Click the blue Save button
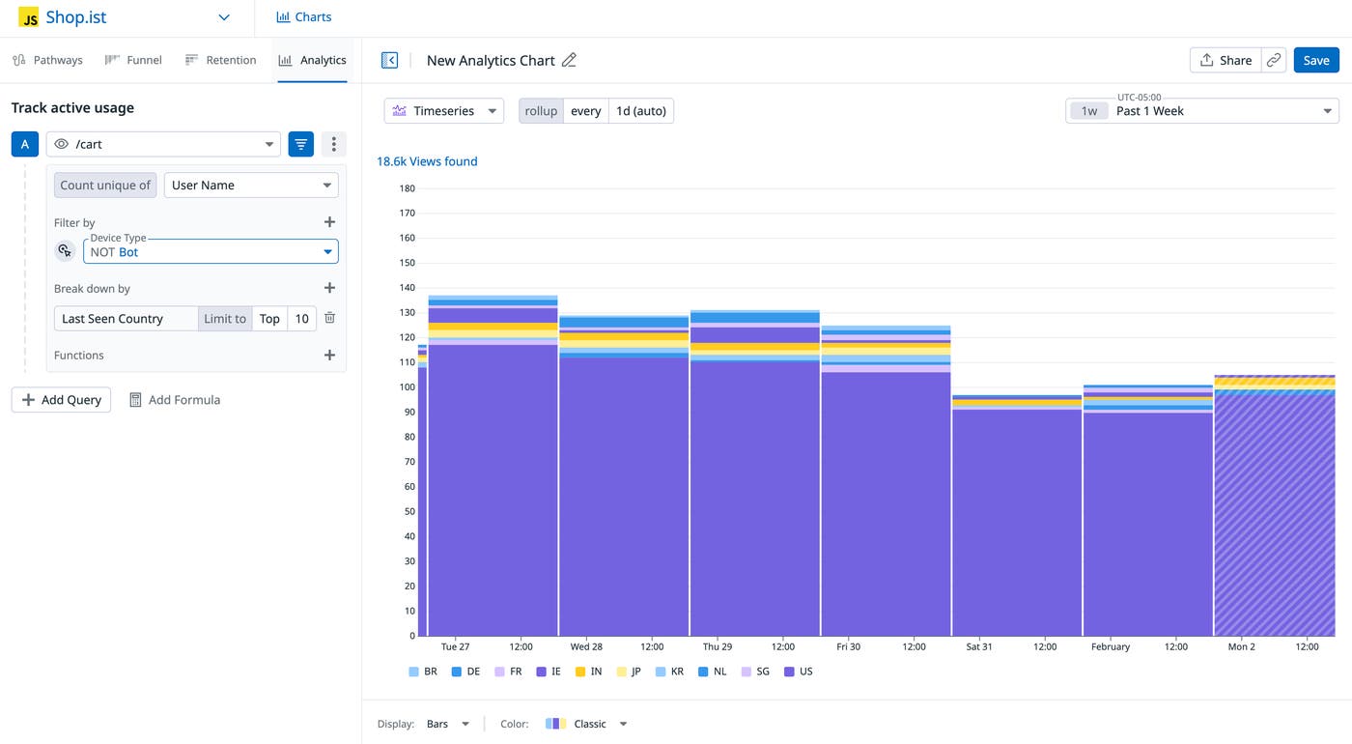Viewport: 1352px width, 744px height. (x=1316, y=60)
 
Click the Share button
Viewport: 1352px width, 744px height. (x=1225, y=60)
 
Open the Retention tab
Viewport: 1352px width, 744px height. (x=220, y=60)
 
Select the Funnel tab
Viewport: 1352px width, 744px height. (x=133, y=60)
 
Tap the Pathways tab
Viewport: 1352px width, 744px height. (x=47, y=60)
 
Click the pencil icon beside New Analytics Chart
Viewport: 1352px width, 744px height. (x=569, y=60)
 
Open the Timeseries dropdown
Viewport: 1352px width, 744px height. (x=444, y=111)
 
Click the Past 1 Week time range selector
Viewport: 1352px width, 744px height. (x=1201, y=111)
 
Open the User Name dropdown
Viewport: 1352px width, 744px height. (x=251, y=186)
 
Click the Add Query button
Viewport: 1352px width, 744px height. (x=62, y=400)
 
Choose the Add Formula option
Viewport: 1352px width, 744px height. (x=175, y=400)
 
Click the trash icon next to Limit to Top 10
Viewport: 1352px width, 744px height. (x=330, y=318)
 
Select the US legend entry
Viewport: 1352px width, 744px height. (x=799, y=672)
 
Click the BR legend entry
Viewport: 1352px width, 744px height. (x=423, y=672)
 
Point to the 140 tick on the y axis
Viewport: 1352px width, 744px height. (x=408, y=288)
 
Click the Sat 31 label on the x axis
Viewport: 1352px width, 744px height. (x=979, y=646)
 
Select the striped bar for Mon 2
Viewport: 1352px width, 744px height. (x=1275, y=512)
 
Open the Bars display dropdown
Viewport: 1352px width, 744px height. (x=448, y=724)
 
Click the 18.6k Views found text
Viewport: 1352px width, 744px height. (x=427, y=161)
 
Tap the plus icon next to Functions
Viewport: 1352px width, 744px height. (x=329, y=356)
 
